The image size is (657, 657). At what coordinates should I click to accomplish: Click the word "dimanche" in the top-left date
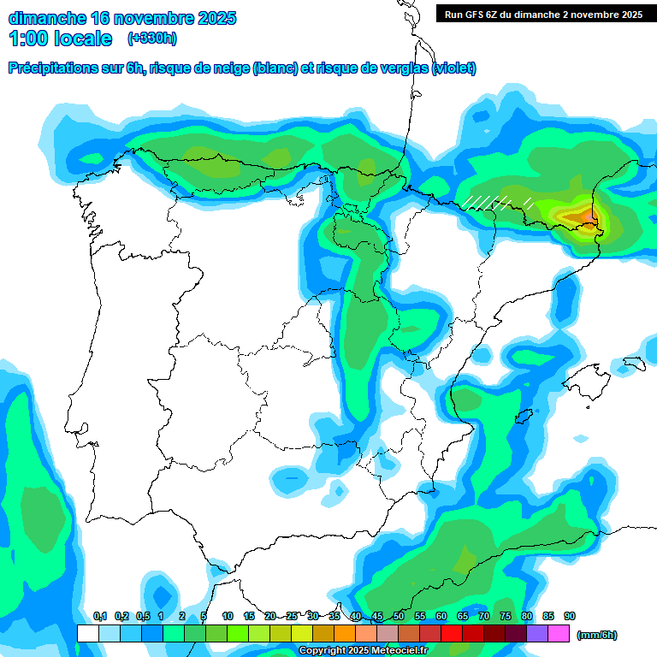click(x=47, y=18)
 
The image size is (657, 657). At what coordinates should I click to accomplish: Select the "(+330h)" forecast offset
click(x=151, y=38)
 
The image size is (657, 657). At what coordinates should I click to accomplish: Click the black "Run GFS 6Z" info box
click(x=544, y=14)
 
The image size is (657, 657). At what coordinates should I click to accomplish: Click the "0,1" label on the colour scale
click(x=100, y=616)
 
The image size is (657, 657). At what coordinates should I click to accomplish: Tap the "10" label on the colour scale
click(x=228, y=616)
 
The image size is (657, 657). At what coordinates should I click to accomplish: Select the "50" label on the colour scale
click(x=399, y=616)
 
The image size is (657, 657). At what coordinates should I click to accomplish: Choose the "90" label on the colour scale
click(x=570, y=616)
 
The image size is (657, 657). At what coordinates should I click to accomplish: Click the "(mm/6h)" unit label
click(x=597, y=635)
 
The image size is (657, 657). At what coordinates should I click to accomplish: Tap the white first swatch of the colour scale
click(x=87, y=633)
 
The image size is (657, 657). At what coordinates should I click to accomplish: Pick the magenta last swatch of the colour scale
click(x=559, y=633)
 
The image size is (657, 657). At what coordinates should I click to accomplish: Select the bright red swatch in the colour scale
click(x=452, y=633)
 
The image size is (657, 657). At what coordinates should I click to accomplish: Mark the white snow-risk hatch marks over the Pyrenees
click(x=496, y=203)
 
